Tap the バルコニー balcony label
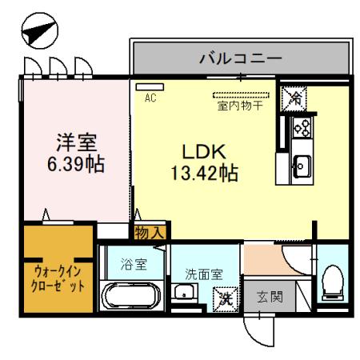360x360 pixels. pos(240,58)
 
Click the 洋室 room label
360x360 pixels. pos(76,144)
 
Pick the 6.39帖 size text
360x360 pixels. pos(76,166)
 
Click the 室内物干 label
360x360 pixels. pos(242,104)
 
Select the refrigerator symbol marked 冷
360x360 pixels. pos(295,99)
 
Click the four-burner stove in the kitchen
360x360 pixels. pos(302,127)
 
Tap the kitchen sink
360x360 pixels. pos(302,166)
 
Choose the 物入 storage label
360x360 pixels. pos(149,233)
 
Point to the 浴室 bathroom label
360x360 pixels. pos(133,264)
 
